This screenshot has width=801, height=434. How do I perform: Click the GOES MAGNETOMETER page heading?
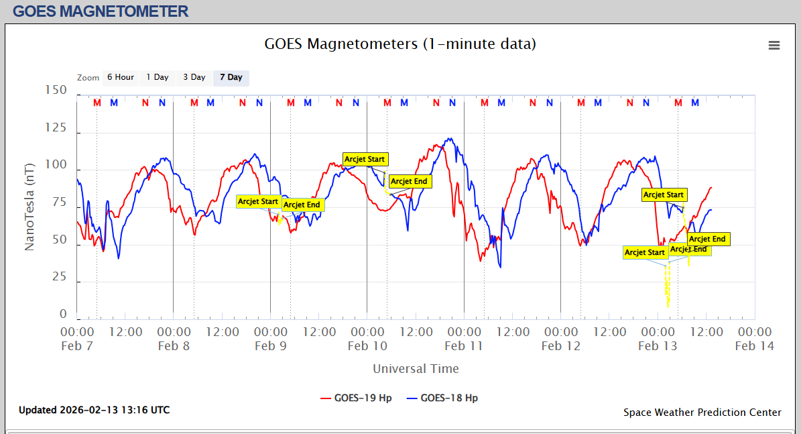tap(101, 11)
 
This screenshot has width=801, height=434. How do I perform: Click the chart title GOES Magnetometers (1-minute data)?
tap(400, 44)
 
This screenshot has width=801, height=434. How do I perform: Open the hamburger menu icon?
tap(774, 45)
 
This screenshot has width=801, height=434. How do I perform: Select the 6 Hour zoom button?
tap(121, 77)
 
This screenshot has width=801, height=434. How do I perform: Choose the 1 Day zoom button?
tap(158, 77)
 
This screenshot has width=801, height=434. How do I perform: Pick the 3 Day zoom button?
tap(194, 77)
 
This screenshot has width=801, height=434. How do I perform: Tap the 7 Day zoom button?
tap(231, 77)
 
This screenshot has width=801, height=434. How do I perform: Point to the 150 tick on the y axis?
tap(56, 91)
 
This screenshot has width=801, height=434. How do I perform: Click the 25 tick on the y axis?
tap(60, 276)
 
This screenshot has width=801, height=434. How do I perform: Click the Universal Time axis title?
tap(416, 368)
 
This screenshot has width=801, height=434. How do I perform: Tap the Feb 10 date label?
tap(367, 346)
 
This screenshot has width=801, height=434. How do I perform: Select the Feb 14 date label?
tap(755, 346)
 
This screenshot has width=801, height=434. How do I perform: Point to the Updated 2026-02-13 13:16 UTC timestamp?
tap(94, 410)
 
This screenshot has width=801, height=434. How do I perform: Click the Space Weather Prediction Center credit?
tap(702, 413)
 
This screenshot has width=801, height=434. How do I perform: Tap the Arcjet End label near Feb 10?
tap(409, 181)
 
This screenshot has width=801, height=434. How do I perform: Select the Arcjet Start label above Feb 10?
tap(365, 159)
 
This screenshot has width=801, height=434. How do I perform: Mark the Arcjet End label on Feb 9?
tap(302, 205)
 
